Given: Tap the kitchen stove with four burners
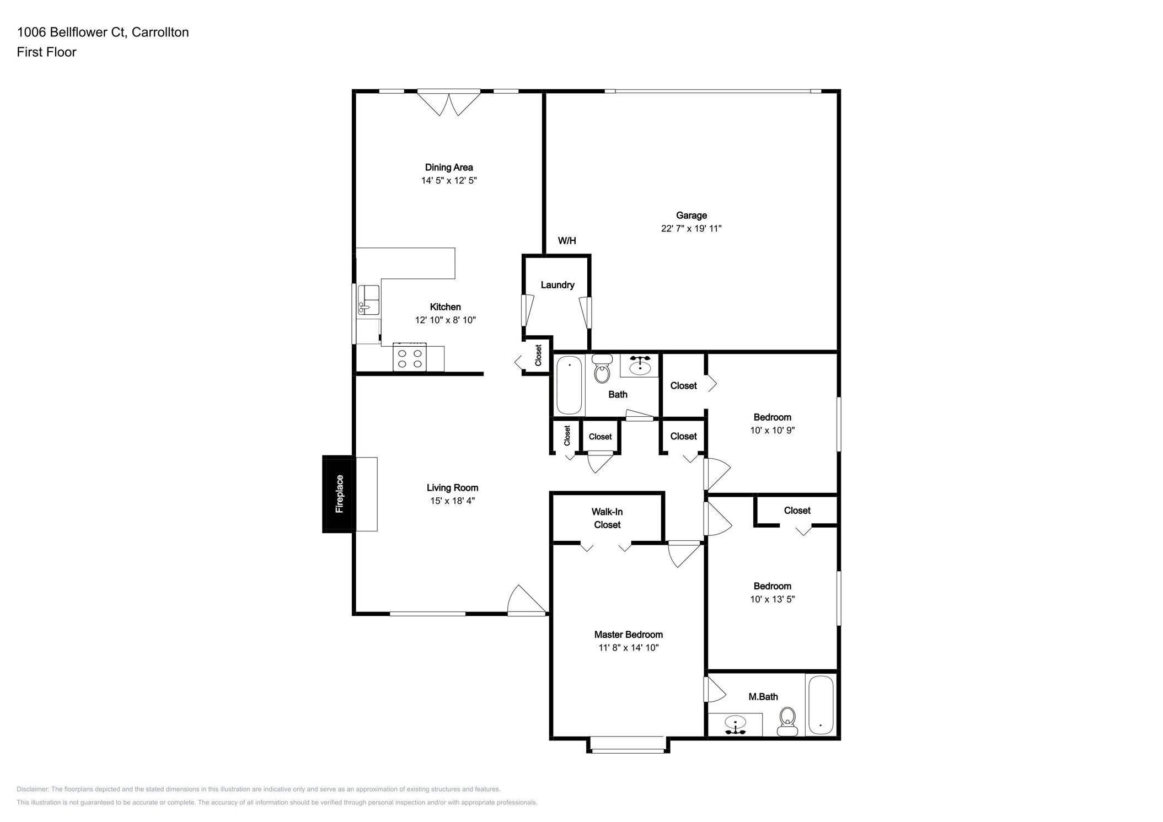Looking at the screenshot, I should [409, 358].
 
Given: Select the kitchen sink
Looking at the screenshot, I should [368, 300].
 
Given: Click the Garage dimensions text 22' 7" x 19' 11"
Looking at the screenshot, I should [691, 228].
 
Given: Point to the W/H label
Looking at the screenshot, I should [566, 240].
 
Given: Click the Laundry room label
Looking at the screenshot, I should [557, 285].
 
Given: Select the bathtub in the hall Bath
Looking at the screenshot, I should [569, 385].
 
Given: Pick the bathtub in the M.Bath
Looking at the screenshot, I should [821, 705].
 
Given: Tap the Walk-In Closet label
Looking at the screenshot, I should [607, 518].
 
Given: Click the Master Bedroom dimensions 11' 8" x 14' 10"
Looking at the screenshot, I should [628, 648].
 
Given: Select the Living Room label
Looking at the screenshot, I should [452, 487].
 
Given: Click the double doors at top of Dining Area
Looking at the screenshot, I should [449, 103].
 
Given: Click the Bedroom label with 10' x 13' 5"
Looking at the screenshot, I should [772, 586].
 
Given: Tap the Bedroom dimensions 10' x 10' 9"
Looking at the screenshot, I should [772, 431].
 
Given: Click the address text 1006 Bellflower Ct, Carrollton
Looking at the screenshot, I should [103, 32].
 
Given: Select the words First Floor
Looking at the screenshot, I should [46, 52].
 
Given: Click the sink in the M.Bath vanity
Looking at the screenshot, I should [736, 722].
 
